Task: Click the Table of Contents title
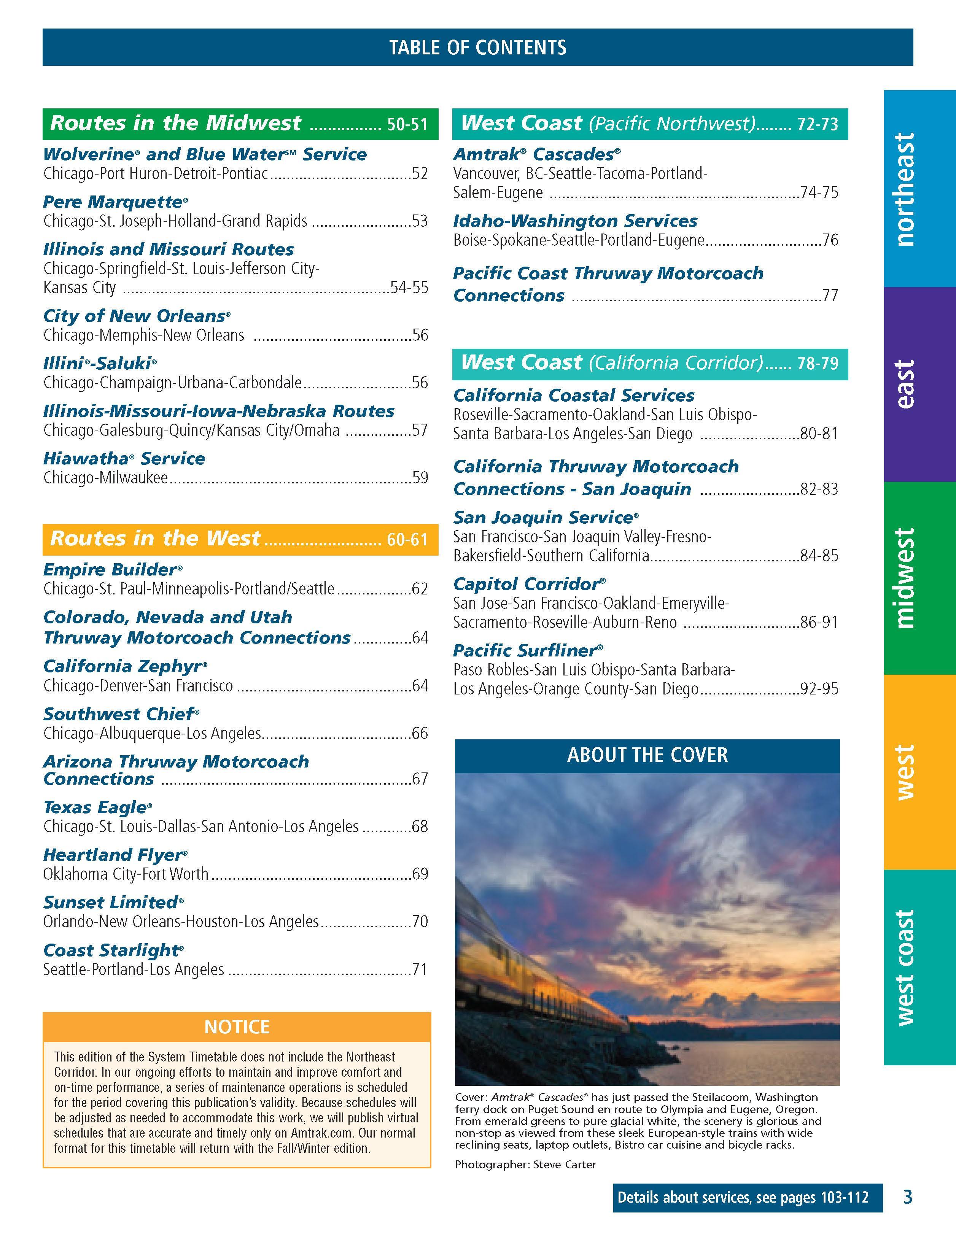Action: pos(477,47)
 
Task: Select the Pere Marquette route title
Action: pos(115,202)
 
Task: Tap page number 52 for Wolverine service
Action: pos(420,173)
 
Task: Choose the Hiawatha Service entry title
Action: pos(124,459)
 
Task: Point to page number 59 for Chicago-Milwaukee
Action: pos(420,477)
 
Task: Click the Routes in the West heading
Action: pos(155,538)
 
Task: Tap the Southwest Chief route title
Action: pos(121,714)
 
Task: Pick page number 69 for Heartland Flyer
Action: pos(420,874)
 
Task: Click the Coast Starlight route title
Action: pos(113,950)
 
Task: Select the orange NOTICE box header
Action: pos(237,1027)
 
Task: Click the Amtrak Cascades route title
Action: pos(536,154)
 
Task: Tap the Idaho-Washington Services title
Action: pos(575,221)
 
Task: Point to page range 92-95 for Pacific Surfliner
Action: pos(819,689)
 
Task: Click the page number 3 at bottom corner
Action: pos(908,1198)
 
